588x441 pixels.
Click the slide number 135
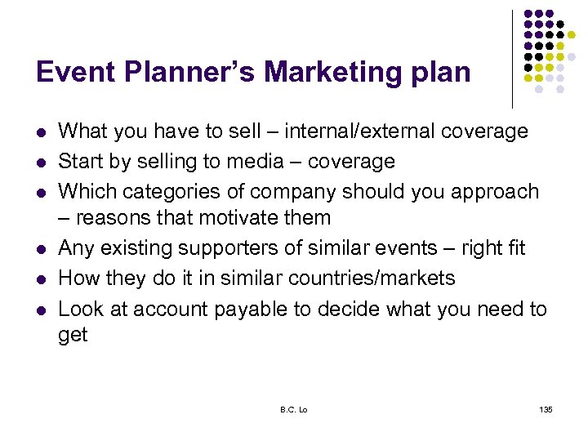tap(546, 408)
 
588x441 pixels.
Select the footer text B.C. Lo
tap(294, 408)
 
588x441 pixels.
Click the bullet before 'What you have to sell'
tap(41, 131)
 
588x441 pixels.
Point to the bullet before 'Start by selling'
tap(41, 162)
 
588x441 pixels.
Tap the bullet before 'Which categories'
tap(41, 192)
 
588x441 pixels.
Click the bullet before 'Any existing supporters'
tap(41, 248)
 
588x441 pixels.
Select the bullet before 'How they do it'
tap(41, 278)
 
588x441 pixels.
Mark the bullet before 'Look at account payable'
tap(41, 309)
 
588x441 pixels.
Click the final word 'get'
tap(73, 336)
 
